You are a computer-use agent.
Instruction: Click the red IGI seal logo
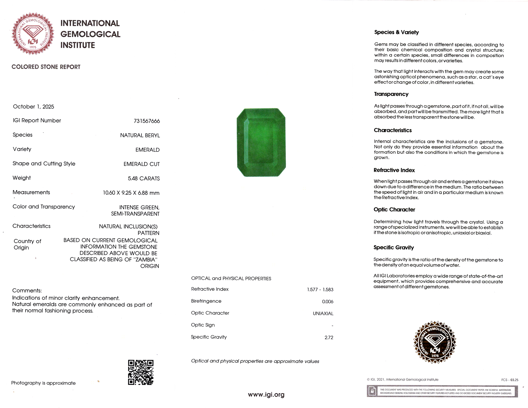pyautogui.click(x=33, y=34)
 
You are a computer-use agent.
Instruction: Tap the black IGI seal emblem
pyautogui.click(x=435, y=342)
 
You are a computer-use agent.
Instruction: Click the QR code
pyautogui.click(x=141, y=372)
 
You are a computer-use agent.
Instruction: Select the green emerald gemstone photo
pyautogui.click(x=261, y=142)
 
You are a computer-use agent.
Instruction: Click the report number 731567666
pyautogui.click(x=147, y=121)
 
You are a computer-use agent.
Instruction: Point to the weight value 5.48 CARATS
pyautogui.click(x=144, y=178)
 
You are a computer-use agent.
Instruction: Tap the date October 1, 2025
pyautogui.click(x=34, y=107)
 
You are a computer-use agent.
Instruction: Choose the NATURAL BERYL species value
pyautogui.click(x=140, y=135)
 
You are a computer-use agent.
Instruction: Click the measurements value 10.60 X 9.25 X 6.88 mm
pyautogui.click(x=131, y=193)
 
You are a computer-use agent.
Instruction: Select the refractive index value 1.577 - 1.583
pyautogui.click(x=320, y=290)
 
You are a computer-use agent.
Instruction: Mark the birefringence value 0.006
pyautogui.click(x=328, y=301)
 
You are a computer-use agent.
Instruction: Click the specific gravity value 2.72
pyautogui.click(x=329, y=337)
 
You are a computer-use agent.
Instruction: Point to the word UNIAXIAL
pyautogui.click(x=323, y=314)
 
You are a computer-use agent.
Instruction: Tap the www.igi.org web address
pyautogui.click(x=266, y=395)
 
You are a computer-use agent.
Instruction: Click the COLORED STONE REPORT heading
pyautogui.click(x=46, y=67)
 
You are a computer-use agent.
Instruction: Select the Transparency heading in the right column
pyautogui.click(x=391, y=94)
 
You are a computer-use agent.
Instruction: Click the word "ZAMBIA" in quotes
pyautogui.click(x=145, y=259)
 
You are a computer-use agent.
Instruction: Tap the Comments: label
pyautogui.click(x=27, y=291)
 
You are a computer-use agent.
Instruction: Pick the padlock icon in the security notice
pyautogui.click(x=372, y=391)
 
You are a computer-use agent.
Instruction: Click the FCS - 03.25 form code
pyautogui.click(x=510, y=380)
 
